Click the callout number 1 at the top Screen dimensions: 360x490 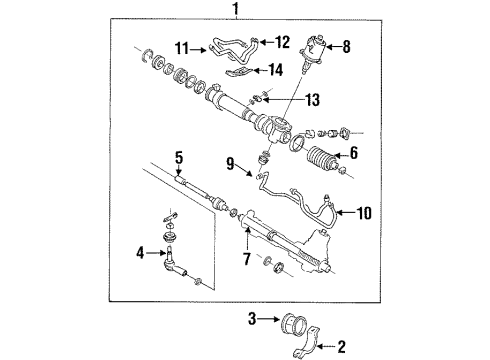click(x=235, y=11)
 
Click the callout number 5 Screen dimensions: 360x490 click(x=178, y=156)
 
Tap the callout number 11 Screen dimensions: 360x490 click(x=182, y=47)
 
